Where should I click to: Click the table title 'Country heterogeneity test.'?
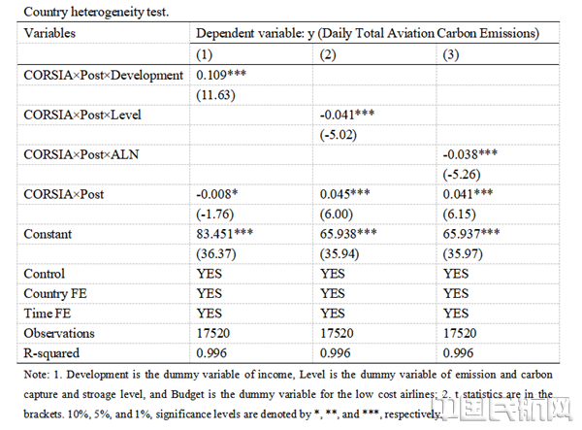96,12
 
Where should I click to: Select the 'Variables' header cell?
49,33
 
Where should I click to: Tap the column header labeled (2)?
328,55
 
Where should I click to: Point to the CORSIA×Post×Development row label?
104,76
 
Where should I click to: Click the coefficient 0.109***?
221,75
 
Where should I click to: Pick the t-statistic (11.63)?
215,95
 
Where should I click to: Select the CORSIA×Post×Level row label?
82,116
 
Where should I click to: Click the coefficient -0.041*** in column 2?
347,115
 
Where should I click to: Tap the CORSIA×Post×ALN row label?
81,155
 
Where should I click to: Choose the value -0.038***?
470,154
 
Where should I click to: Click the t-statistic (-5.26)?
462,175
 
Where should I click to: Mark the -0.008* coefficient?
217,194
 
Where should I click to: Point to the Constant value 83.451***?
225,234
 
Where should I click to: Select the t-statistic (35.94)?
339,254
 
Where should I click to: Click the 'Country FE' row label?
55,294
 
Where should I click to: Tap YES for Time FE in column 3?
456,314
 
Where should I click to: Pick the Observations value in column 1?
213,334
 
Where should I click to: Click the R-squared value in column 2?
336,353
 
